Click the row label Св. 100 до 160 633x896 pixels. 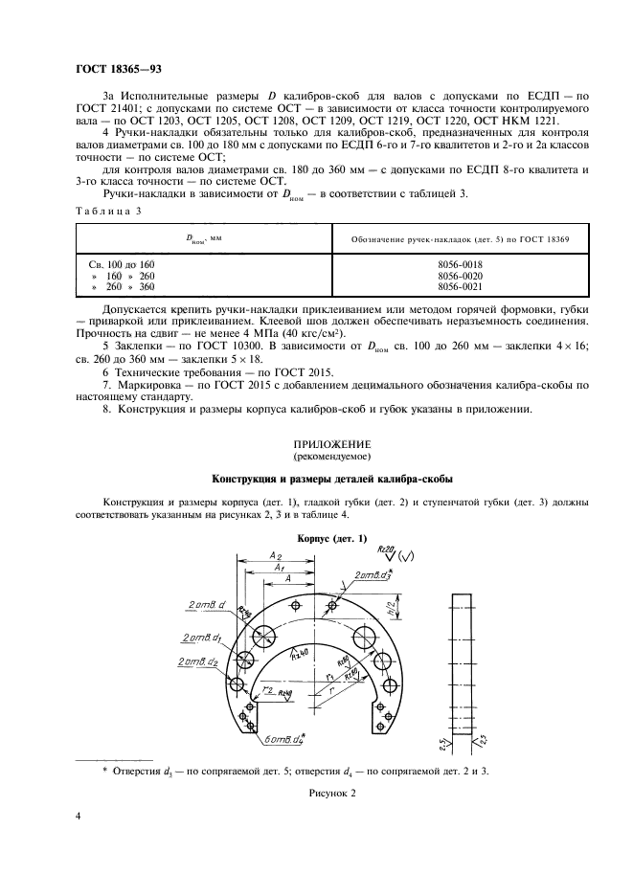point(115,262)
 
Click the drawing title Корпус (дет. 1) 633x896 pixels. point(331,538)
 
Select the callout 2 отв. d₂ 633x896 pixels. point(197,661)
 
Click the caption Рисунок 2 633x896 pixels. point(331,794)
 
